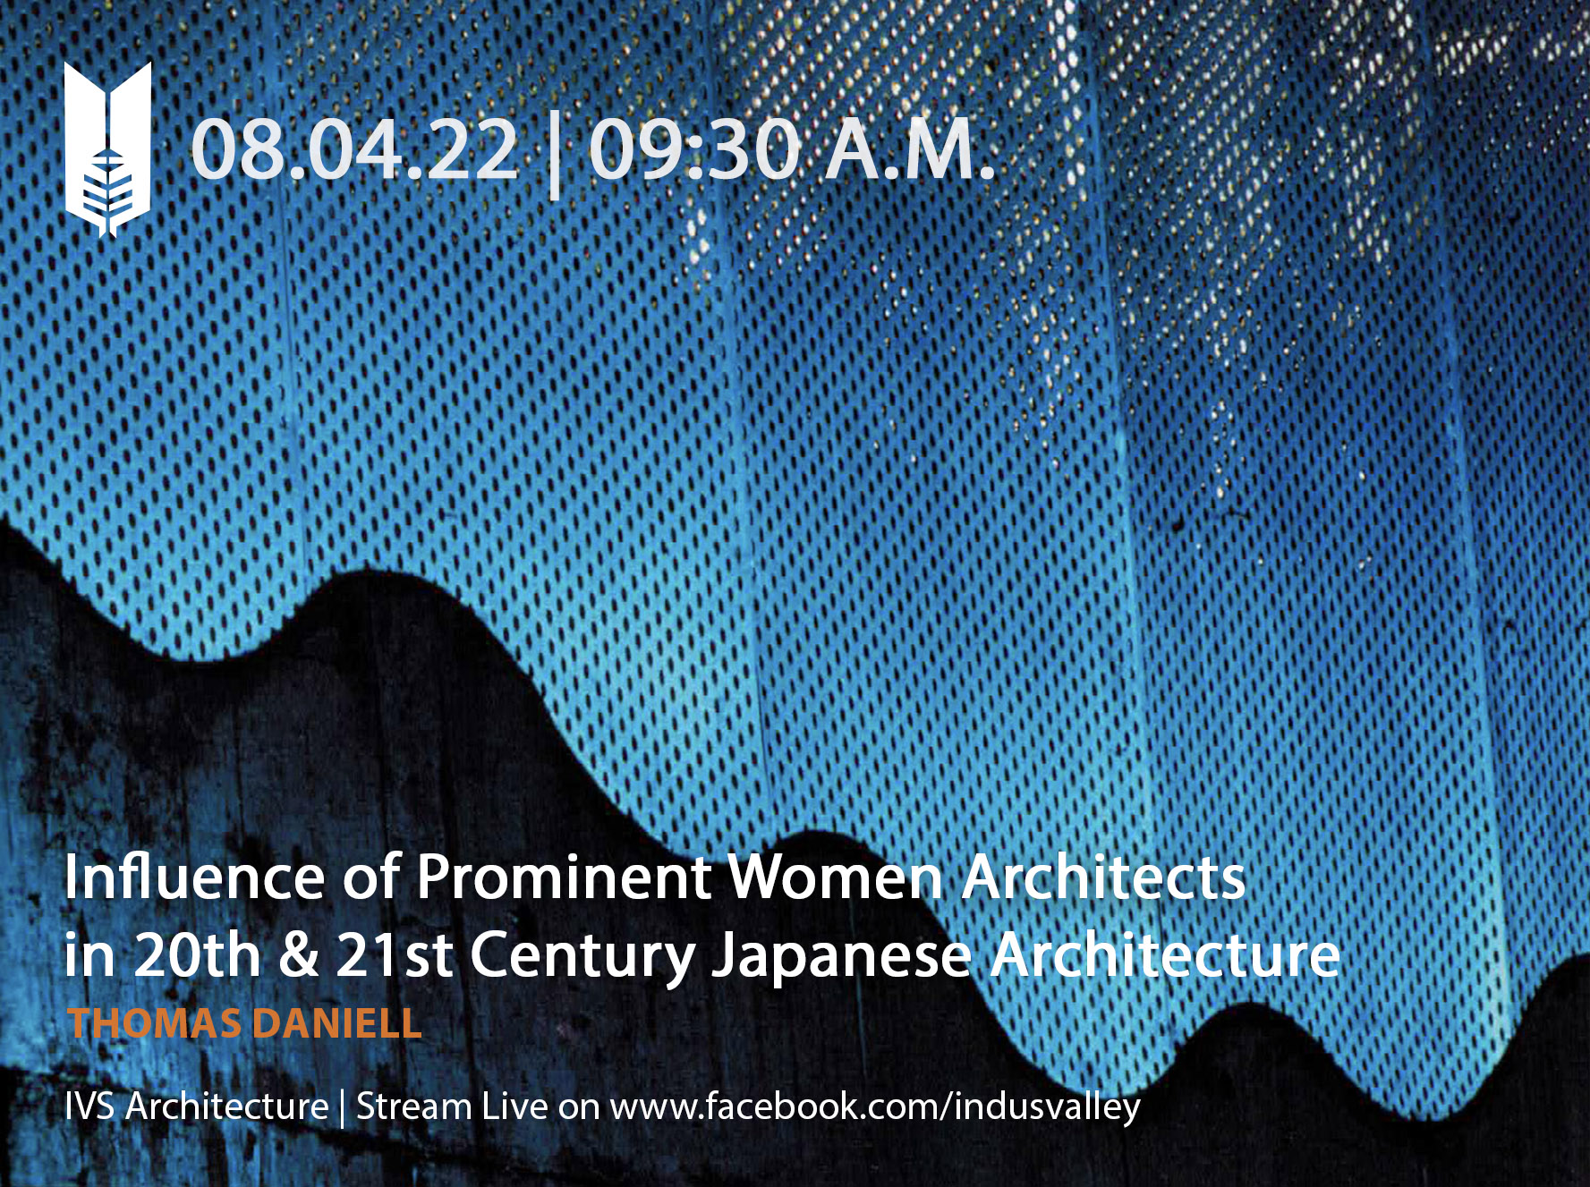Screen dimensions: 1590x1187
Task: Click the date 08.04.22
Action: click(x=354, y=149)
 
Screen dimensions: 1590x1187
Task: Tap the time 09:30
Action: click(x=694, y=149)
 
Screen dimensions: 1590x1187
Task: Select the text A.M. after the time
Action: click(x=910, y=149)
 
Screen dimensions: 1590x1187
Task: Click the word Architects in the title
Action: click(x=1103, y=877)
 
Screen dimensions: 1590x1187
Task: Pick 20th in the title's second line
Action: click(x=197, y=954)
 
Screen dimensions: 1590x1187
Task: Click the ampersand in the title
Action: click(x=298, y=955)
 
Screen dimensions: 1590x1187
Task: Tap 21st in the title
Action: click(x=394, y=954)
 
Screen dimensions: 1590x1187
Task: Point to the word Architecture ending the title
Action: click(x=1165, y=954)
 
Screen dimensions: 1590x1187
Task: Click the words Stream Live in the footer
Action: click(x=452, y=1106)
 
